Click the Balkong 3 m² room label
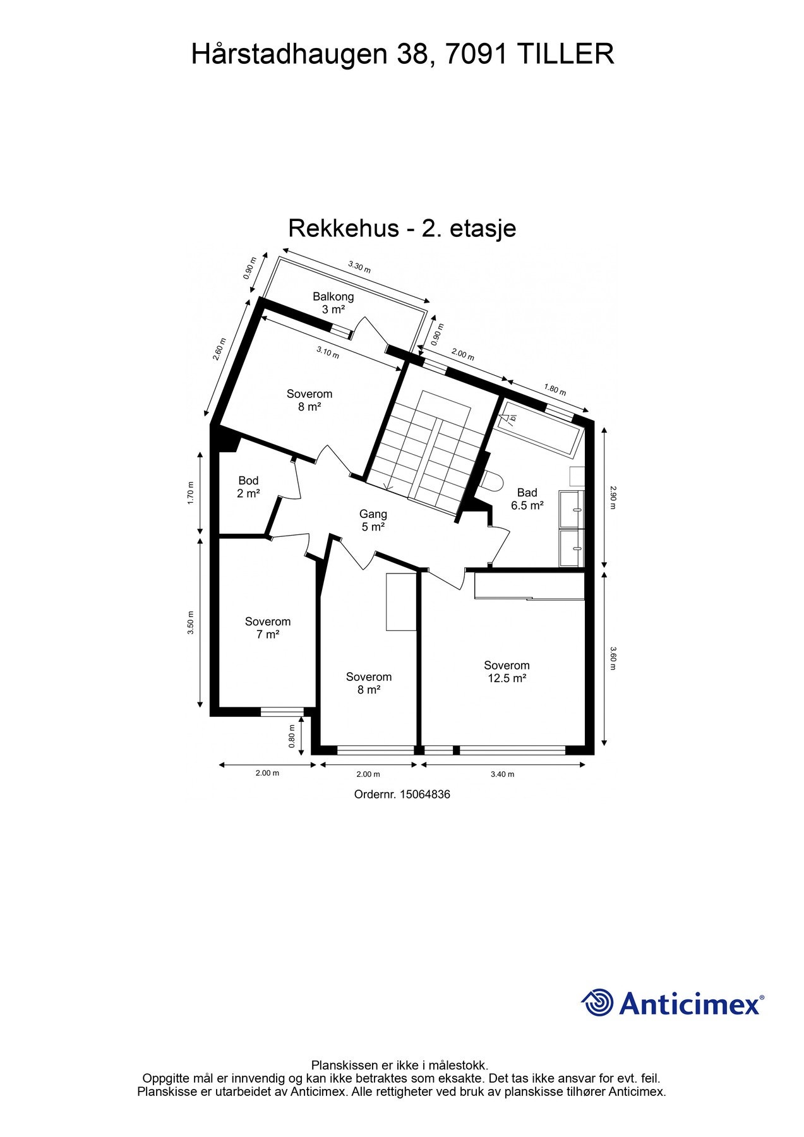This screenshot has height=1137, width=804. [333, 303]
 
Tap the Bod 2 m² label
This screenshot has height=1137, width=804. [248, 487]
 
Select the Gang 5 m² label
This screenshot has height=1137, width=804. [373, 520]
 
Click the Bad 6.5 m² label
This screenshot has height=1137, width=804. [527, 499]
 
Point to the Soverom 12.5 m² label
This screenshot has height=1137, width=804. [507, 671]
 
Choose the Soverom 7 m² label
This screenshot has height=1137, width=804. [268, 628]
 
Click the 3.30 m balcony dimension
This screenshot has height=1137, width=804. [359, 267]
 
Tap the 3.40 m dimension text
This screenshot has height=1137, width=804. [502, 774]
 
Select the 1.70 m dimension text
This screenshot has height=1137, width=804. [191, 493]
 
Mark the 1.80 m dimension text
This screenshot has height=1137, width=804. [555, 389]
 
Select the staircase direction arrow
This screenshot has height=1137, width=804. [388, 486]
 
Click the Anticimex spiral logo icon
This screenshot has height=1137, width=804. [597, 1002]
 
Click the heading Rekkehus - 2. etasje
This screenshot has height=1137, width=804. [402, 228]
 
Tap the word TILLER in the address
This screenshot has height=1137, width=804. [565, 54]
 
